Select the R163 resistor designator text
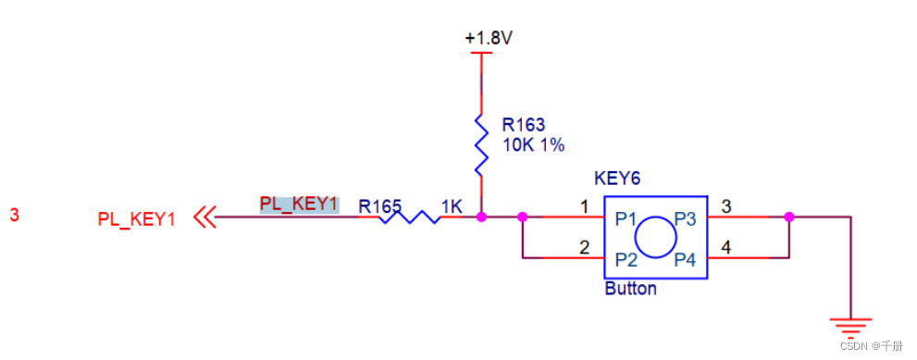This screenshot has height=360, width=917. [524, 124]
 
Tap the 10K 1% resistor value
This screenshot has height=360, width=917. [533, 145]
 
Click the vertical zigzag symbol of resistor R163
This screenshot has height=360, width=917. [480, 144]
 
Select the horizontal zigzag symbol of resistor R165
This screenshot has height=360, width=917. [410, 217]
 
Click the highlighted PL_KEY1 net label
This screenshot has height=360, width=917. [298, 204]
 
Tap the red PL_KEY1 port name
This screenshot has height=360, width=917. [136, 219]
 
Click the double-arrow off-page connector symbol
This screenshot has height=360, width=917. [204, 218]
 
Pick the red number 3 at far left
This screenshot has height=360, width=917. [14, 215]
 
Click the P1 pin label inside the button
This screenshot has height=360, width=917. [626, 219]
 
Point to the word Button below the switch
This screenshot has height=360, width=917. [630, 289]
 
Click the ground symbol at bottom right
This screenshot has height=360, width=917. [850, 325]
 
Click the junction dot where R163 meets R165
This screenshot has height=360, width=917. [480, 217]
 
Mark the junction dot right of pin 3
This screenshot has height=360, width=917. [788, 217]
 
